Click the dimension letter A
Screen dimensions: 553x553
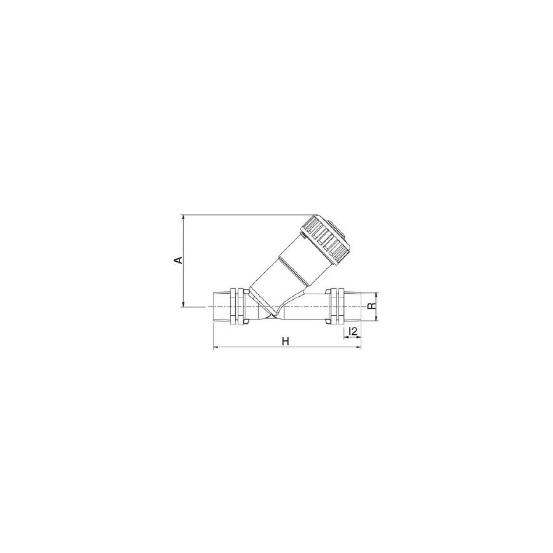click(178, 260)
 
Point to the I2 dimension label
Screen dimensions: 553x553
click(351, 332)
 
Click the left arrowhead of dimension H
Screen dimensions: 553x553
click(215, 349)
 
